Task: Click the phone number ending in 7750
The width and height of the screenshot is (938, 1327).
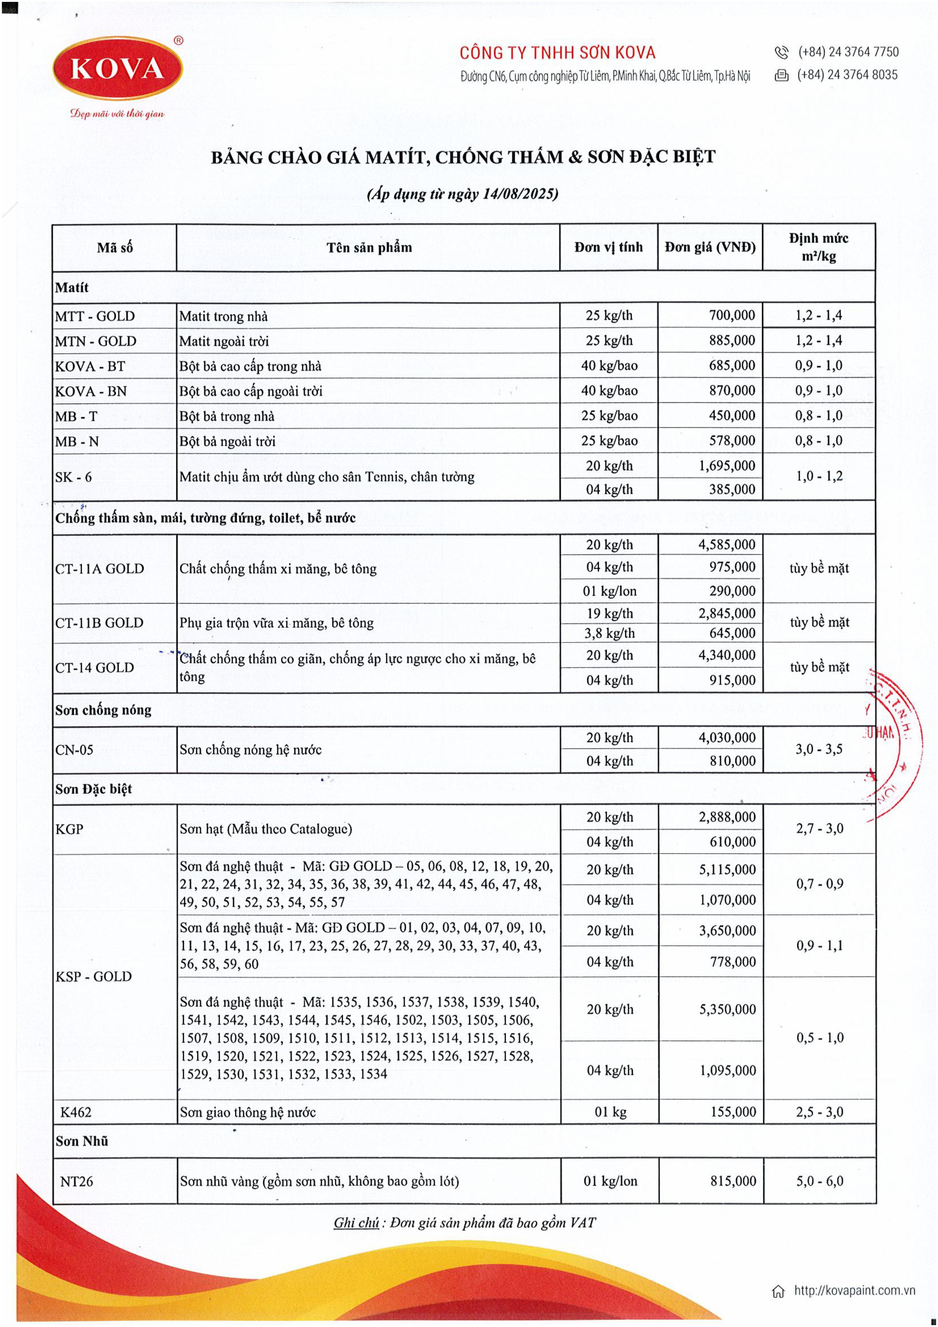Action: [x=848, y=52]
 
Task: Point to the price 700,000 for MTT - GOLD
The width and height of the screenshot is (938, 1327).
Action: [x=731, y=315]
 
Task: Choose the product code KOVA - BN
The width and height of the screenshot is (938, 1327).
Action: [x=91, y=391]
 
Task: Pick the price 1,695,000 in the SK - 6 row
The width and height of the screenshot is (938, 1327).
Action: [x=727, y=466]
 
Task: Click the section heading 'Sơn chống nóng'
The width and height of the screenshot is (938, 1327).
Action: [x=104, y=710]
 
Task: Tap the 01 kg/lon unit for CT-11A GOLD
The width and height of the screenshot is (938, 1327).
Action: [x=609, y=591]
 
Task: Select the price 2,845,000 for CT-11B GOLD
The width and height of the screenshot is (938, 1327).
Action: [x=727, y=613]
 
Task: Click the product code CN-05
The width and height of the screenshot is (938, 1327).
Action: [x=74, y=750]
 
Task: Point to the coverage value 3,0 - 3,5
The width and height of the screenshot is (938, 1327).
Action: [x=819, y=749]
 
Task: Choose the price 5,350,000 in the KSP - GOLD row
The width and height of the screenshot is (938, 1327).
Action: [x=727, y=1009]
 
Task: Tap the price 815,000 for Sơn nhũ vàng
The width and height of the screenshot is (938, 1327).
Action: [x=733, y=1181]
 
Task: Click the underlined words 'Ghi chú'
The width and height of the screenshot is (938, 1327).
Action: [x=356, y=1223]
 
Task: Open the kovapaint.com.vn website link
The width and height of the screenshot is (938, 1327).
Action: [x=854, y=1290]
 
